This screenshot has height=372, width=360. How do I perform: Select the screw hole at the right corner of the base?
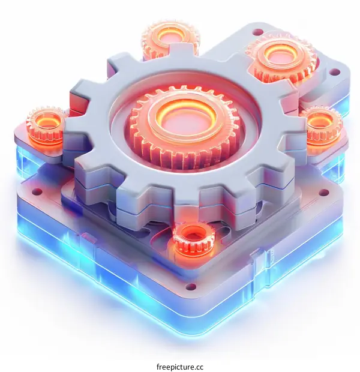point(325,193)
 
